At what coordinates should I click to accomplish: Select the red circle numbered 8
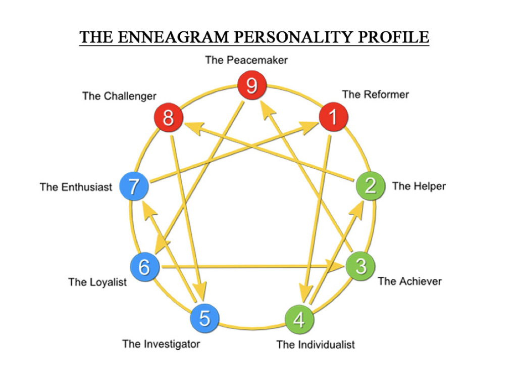169,118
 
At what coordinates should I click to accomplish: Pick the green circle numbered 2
371,185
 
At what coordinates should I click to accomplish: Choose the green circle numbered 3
360,266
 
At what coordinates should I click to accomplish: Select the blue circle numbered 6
144,266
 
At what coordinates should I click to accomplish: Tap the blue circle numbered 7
133,186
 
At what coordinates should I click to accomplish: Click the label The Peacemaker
246,60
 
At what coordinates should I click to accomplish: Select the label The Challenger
119,96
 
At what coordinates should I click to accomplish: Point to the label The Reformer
375,94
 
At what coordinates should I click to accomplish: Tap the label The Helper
419,186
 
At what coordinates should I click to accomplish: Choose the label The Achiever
409,281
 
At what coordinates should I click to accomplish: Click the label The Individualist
316,345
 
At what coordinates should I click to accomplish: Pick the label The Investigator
161,344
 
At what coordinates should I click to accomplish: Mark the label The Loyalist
97,282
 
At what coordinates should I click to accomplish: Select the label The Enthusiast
76,187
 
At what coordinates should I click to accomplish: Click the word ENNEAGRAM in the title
167,37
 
